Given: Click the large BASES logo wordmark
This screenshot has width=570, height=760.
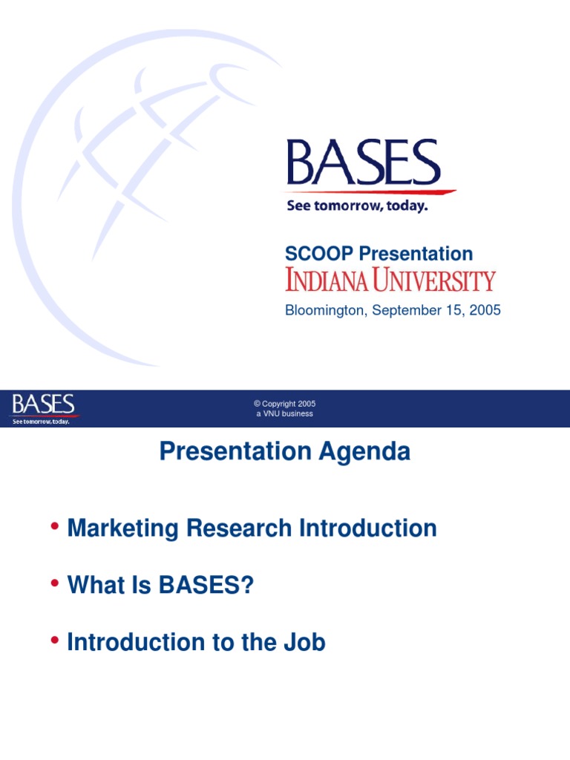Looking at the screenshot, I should [x=363, y=163].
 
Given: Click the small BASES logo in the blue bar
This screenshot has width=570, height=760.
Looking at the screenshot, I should [x=43, y=404].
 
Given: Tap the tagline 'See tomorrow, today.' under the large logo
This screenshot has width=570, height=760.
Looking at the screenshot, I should [x=357, y=206].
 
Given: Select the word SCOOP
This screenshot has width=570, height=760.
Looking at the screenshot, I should [x=319, y=254].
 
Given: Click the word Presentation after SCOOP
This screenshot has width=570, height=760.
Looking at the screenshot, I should [x=416, y=254].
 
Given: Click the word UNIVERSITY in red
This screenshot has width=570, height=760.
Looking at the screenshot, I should [x=440, y=281].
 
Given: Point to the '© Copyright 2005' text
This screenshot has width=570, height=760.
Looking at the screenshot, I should [x=285, y=404].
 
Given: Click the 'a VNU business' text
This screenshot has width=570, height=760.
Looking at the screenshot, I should [x=285, y=413].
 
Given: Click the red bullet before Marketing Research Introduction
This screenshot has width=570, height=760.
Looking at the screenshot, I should [x=55, y=527].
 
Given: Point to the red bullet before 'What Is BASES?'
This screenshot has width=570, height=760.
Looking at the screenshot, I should [x=55, y=584].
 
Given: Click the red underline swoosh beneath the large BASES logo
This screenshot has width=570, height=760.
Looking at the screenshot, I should [x=371, y=193].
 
